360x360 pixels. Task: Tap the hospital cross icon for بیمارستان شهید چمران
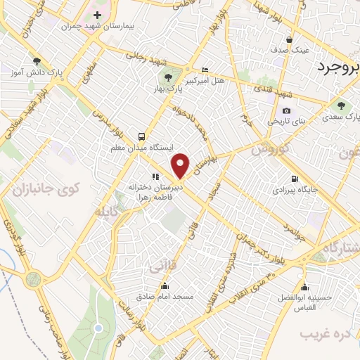tap(97, 15)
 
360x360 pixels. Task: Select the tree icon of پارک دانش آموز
tap(37, 60)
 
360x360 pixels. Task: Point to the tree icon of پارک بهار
tap(167, 77)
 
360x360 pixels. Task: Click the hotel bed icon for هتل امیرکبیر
tap(205, 70)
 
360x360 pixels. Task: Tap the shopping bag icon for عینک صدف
tap(289, 39)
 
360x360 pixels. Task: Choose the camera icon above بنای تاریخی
tap(286, 110)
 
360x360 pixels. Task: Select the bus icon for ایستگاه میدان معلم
tap(143, 136)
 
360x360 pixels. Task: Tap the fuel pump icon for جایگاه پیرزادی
tap(293, 179)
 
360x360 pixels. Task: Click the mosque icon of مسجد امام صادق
tap(165, 285)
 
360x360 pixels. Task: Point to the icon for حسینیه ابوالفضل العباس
tap(304, 286)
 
